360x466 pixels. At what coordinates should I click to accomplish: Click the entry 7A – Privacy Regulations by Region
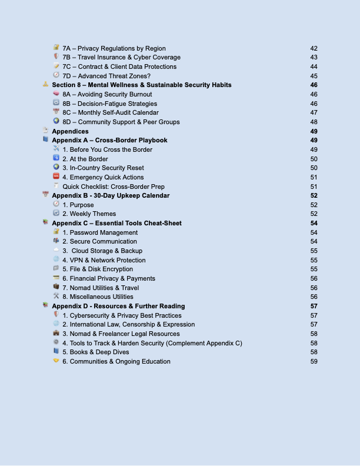click(114, 48)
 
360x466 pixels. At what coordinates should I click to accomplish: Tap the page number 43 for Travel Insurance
click(314, 58)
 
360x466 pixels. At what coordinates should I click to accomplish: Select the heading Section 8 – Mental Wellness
click(141, 85)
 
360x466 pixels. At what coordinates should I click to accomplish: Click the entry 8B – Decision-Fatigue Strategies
click(110, 104)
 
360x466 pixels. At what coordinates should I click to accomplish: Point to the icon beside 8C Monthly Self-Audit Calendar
click(56, 112)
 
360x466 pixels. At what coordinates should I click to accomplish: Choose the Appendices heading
click(70, 131)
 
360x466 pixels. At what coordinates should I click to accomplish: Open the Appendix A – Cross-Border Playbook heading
click(109, 141)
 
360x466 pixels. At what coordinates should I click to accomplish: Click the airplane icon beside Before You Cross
click(56, 149)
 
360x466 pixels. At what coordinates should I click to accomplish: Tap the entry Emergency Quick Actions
click(103, 177)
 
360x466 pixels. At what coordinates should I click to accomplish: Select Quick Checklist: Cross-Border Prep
click(114, 187)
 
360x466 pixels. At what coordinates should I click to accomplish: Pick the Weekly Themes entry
click(89, 214)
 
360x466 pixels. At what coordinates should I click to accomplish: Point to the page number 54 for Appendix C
click(314, 224)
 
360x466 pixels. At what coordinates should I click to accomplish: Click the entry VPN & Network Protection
click(104, 260)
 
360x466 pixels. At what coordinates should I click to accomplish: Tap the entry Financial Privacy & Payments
click(109, 278)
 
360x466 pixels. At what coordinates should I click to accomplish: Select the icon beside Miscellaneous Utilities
click(56, 297)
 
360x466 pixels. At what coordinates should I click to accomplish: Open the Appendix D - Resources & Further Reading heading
click(118, 306)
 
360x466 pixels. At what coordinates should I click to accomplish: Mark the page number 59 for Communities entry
click(314, 361)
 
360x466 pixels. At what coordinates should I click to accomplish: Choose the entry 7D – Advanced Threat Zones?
click(106, 76)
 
